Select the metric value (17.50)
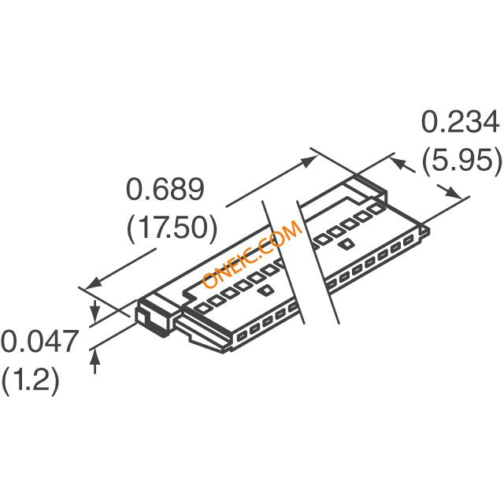pyautogui.click(x=171, y=228)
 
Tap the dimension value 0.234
pyautogui.click(x=461, y=124)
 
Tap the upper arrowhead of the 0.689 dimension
pyautogui.click(x=309, y=160)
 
